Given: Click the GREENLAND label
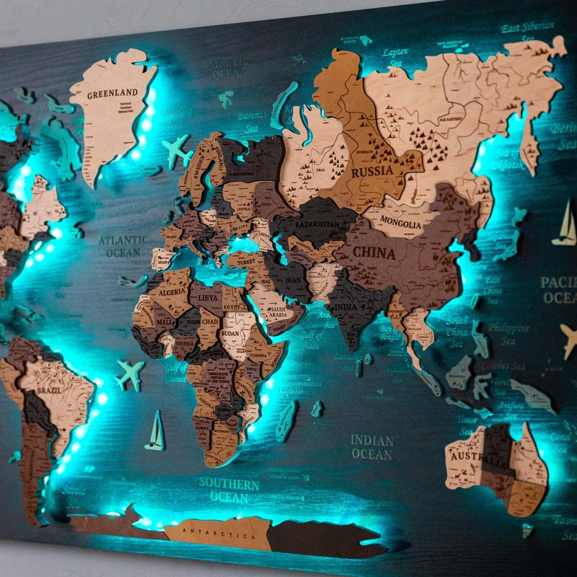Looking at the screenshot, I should (x=112, y=94).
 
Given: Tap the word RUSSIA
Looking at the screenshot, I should (x=373, y=172).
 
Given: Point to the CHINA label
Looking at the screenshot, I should (x=374, y=253).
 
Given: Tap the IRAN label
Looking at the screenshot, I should (x=294, y=281).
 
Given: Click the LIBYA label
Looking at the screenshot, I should (x=208, y=297).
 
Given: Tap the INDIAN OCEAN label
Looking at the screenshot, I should (x=372, y=446).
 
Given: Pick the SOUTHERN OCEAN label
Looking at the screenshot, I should (x=229, y=489).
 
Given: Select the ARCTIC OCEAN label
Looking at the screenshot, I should (x=229, y=69).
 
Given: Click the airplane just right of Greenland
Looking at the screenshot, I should (x=176, y=150).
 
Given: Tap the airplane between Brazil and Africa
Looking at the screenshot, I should (x=130, y=374).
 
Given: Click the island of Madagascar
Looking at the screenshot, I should (x=286, y=421).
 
